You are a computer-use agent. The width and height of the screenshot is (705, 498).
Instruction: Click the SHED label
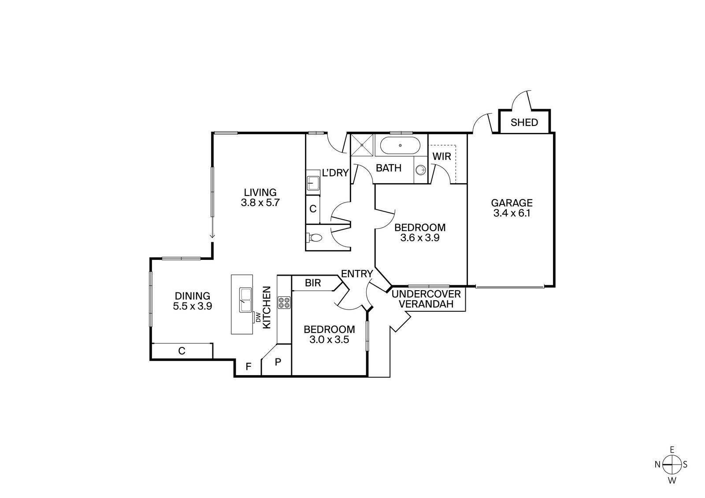[x=524, y=122]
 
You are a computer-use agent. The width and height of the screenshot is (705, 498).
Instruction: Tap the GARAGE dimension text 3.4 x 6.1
[x=512, y=213]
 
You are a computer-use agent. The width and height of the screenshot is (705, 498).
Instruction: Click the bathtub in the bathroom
[x=400, y=146]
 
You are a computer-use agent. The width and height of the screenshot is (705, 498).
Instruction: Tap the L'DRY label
[x=335, y=173]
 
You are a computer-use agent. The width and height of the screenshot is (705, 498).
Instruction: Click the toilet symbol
[x=314, y=238]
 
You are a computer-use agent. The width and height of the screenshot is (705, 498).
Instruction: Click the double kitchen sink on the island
[x=246, y=300]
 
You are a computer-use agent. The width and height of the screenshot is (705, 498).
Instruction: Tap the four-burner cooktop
[x=284, y=302]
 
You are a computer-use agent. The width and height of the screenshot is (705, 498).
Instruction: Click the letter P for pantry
[x=278, y=362]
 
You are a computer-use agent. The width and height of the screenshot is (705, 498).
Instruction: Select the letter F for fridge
[x=248, y=366]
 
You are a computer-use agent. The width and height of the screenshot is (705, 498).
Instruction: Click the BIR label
[x=313, y=283]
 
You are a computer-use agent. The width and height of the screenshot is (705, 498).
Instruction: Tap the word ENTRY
[x=357, y=273]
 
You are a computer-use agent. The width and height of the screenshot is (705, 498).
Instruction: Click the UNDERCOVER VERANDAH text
[x=426, y=299]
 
